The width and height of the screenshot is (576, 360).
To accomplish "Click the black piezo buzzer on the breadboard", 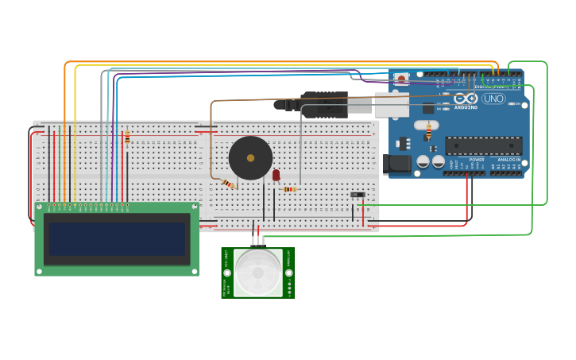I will pos(250,157).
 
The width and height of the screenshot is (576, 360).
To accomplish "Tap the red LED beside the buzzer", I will pos(276,175).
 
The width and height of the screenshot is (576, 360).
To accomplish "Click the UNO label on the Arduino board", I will pos(493,99).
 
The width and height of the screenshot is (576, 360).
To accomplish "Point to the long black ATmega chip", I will pos(483,145).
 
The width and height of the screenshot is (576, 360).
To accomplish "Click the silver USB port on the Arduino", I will pos(391,104).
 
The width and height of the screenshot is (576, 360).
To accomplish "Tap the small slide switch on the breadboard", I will pos(358,194).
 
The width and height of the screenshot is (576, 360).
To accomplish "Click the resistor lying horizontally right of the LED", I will pos(290,189).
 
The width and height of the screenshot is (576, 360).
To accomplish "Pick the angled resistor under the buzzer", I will pos(228,184).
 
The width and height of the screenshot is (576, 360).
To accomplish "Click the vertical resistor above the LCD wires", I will pos(127,137).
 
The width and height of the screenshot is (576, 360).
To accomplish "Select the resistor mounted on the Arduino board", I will pos(429,132).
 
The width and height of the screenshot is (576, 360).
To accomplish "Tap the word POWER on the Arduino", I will pos(477,160).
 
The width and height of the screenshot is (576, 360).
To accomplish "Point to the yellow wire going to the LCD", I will pos(75,135).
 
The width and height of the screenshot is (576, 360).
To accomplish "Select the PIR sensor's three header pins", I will pos(257,241).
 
